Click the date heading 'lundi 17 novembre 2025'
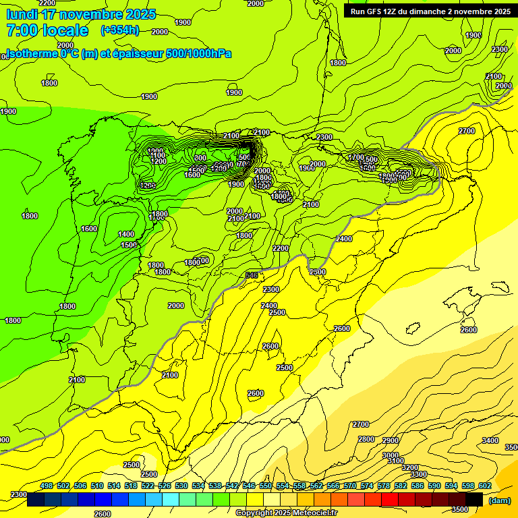pos(81,14)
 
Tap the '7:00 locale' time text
pos(47,30)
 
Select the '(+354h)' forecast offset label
pos(119,30)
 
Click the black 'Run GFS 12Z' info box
pos(430,11)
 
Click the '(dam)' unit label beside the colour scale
pos(499,500)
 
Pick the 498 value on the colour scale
pos(47,486)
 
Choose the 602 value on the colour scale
pos(485,486)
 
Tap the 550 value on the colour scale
pos(266,486)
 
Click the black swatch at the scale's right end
pos(474,500)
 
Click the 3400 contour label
pos(490,440)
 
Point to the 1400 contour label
pos(126,234)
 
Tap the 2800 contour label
pos(366,439)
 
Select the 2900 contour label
pos(391,440)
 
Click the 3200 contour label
pos(410,467)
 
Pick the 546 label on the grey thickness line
pos(252,275)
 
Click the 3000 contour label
pos(391,455)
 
